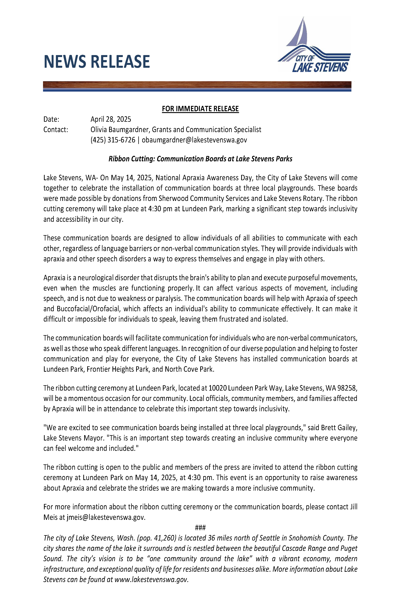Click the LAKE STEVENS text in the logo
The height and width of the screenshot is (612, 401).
tap(320, 67)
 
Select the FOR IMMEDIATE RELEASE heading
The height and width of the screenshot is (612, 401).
tap(200, 109)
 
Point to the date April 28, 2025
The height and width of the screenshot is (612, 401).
tap(111, 119)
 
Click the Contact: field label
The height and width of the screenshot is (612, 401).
tap(56, 130)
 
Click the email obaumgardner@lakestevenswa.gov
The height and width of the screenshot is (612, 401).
tap(194, 140)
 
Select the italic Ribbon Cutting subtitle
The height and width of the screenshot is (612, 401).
tap(200, 159)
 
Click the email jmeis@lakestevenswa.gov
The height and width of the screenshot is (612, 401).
tap(106, 517)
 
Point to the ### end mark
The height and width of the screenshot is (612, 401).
tap(200, 528)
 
